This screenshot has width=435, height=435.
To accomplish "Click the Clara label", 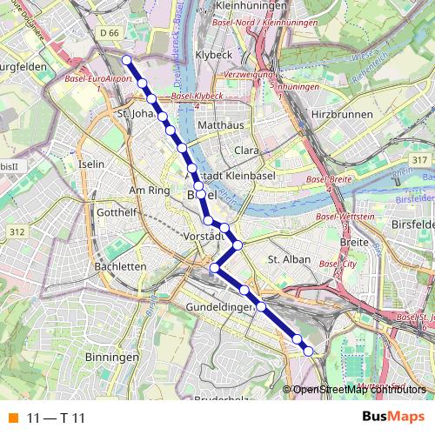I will [x=248, y=151].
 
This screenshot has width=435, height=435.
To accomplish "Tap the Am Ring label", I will [x=146, y=190].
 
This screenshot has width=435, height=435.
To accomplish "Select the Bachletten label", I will [x=120, y=266].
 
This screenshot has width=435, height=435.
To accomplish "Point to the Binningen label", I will [x=112, y=358].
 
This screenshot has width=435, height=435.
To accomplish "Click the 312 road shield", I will [x=17, y=231].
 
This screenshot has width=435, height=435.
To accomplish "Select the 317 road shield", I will [x=420, y=159].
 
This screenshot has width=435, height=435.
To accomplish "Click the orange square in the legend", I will [x=12, y=418].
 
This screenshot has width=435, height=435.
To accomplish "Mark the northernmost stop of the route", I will [x=126, y=59].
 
